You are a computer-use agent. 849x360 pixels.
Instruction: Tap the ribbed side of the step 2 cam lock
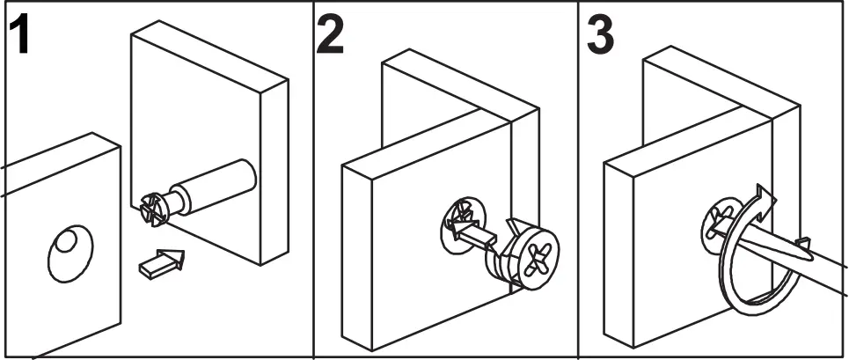[501, 264]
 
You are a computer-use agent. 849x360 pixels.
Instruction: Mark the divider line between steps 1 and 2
[314, 176]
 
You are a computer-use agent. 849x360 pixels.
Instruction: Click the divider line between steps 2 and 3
[578, 176]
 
